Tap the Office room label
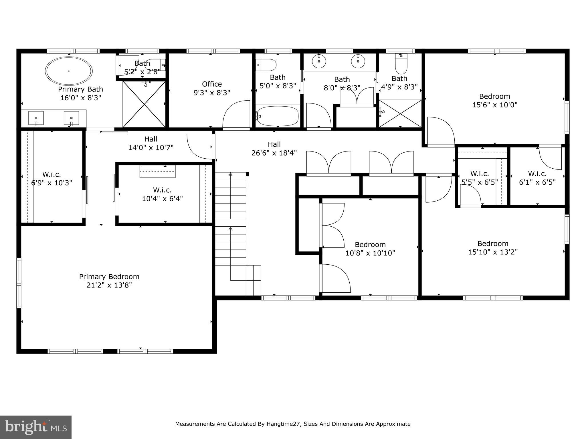point(212,84)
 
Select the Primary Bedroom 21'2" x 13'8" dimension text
point(109,285)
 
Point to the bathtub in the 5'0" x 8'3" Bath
point(277,116)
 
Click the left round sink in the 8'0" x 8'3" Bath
point(318,61)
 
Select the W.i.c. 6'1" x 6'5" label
point(537,178)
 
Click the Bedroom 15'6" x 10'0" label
point(494,100)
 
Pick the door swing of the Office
point(237,114)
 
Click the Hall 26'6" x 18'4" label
point(274,149)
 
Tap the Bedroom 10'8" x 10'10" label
point(370,249)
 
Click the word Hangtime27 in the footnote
point(284,424)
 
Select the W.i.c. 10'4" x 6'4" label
point(162,194)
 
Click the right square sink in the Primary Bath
point(71,118)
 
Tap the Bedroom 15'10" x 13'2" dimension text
point(493,252)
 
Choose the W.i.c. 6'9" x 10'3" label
point(52,178)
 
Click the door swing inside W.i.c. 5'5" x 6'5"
point(470,195)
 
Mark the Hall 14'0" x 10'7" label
point(151,143)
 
